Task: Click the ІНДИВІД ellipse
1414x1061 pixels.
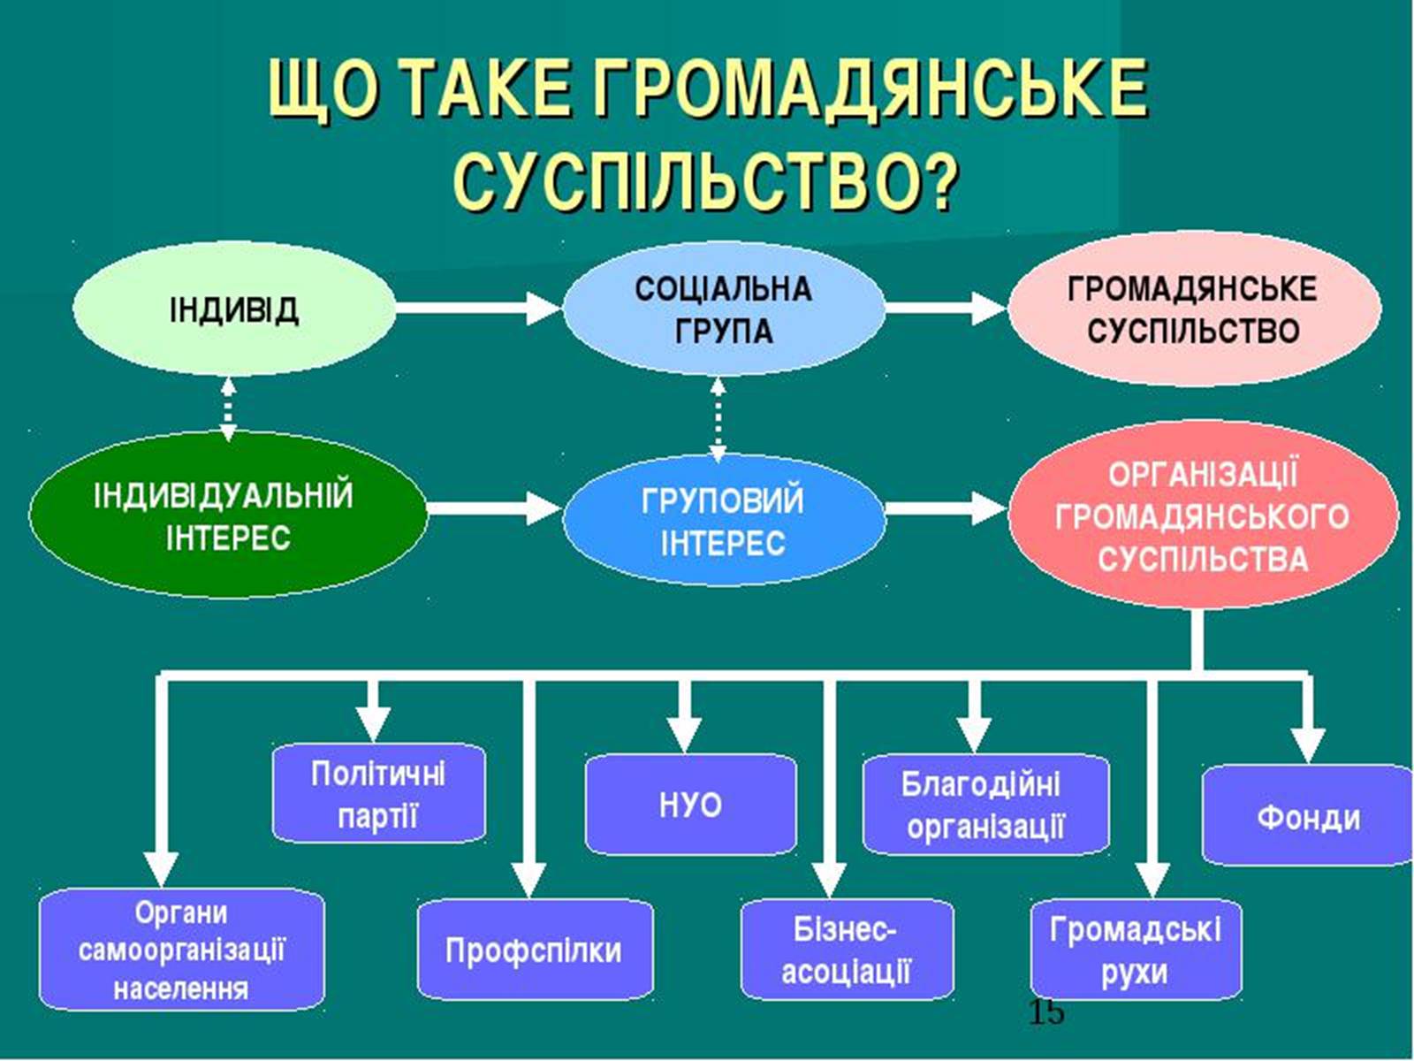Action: click(x=233, y=309)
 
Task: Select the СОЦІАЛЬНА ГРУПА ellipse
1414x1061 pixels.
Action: click(x=723, y=309)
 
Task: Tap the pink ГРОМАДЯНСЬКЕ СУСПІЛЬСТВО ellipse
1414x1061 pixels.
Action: click(x=1193, y=309)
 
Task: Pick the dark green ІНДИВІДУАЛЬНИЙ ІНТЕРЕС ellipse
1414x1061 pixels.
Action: click(x=226, y=515)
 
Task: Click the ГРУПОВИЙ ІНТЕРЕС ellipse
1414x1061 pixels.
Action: click(x=723, y=522)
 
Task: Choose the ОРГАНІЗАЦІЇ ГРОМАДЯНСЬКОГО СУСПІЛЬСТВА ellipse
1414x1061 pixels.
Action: click(x=1202, y=516)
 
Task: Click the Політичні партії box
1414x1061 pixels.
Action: click(x=378, y=793)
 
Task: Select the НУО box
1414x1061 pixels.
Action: click(x=690, y=805)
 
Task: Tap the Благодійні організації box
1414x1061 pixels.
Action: click(x=984, y=805)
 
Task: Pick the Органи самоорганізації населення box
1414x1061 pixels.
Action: click(x=181, y=950)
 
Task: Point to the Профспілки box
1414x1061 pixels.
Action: click(x=534, y=950)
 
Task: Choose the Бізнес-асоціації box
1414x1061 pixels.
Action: click(x=846, y=950)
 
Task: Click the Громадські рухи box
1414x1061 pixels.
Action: click(x=1136, y=950)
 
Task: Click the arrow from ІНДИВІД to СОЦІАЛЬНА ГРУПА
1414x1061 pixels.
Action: click(x=477, y=309)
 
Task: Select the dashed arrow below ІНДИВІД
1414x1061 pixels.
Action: click(x=228, y=408)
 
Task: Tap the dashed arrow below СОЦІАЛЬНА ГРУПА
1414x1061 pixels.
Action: click(x=718, y=419)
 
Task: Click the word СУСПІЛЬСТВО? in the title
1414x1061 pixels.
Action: click(x=705, y=181)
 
